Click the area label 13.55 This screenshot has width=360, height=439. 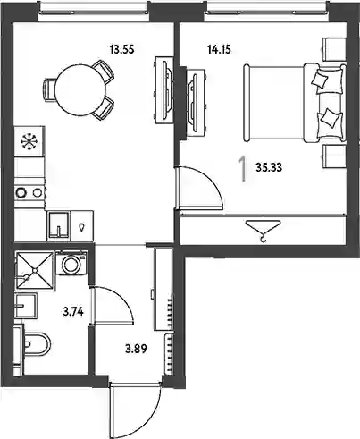[122, 49]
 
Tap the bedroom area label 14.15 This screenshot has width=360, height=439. [219, 49]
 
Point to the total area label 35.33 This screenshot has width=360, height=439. [269, 167]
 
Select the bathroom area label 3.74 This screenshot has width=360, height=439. [73, 312]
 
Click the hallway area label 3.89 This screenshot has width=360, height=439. [136, 349]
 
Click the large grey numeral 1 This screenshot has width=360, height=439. [243, 169]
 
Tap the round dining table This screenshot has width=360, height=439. [80, 90]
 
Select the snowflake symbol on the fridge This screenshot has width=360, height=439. [29, 141]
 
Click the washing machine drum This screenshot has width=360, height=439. [71, 264]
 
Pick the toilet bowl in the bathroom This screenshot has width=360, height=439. [37, 344]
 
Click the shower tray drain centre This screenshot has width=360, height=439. [35, 270]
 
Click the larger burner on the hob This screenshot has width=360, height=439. [21, 192]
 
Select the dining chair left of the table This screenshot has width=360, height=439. [49, 90]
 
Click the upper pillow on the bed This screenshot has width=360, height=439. [320, 79]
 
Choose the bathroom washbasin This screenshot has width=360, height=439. [26, 306]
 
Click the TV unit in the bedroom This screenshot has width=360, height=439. [196, 101]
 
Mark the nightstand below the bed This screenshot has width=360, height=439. [333, 156]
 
